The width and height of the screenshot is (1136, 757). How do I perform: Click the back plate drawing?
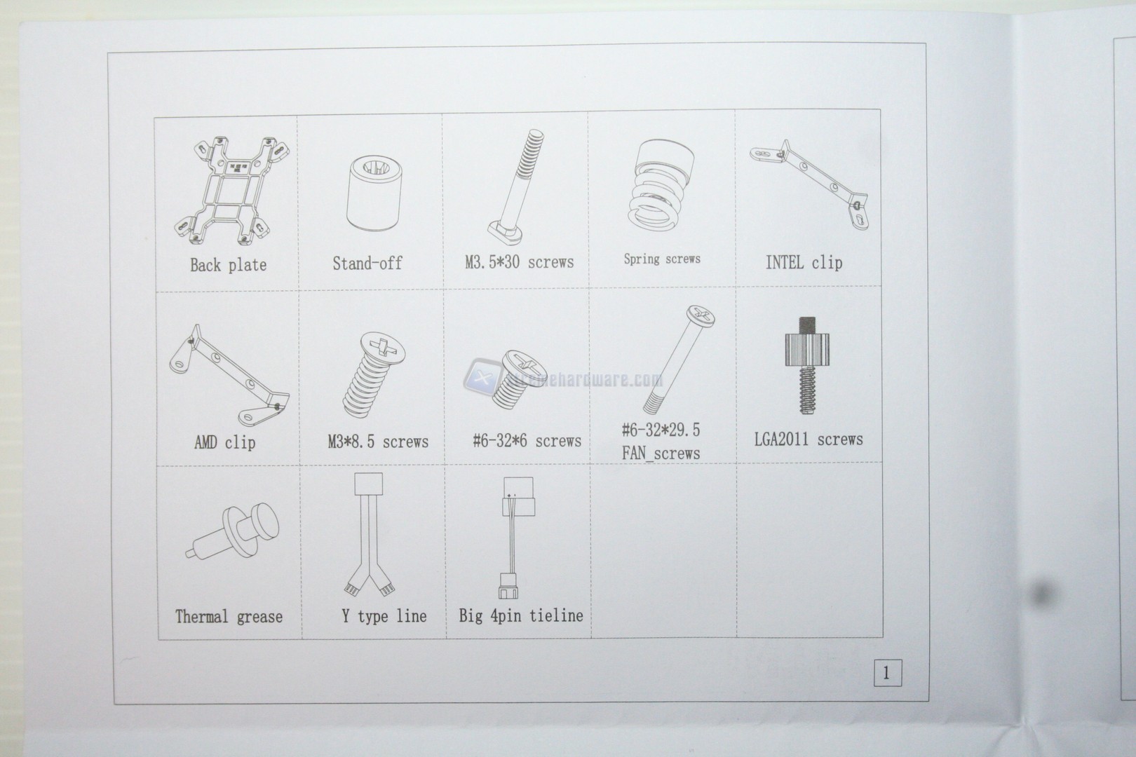coord(232,191)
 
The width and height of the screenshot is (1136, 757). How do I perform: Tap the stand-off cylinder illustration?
coord(374,193)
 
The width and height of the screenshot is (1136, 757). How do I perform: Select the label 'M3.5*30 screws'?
coord(520,262)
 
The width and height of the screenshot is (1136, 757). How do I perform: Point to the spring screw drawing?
coord(661,186)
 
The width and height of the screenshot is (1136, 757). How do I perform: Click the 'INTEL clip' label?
coord(804,263)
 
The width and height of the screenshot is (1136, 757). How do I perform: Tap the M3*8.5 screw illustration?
coord(374,375)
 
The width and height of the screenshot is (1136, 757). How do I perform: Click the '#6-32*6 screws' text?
coord(527,441)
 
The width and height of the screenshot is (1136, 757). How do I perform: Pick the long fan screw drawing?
coord(679,360)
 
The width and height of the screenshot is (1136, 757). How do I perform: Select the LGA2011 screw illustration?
coord(807,365)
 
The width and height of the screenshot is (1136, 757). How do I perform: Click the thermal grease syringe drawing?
coord(232,531)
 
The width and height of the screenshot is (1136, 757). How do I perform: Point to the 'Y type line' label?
coord(384,616)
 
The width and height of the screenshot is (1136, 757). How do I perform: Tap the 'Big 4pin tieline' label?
coord(521,615)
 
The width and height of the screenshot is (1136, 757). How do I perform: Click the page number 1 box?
coord(888,673)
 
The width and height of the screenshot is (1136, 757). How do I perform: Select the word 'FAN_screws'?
coord(661,453)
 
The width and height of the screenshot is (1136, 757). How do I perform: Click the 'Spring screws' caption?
coord(662,259)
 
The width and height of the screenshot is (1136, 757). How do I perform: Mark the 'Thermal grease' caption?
coord(229,617)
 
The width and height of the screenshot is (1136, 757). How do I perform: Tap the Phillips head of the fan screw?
coord(701,315)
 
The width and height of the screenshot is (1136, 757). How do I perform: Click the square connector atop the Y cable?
coord(368,484)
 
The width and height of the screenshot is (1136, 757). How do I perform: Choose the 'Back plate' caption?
coord(228,265)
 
